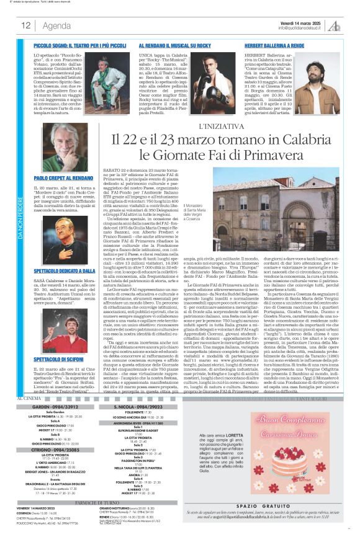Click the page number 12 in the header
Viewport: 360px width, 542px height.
[x=25, y=25]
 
